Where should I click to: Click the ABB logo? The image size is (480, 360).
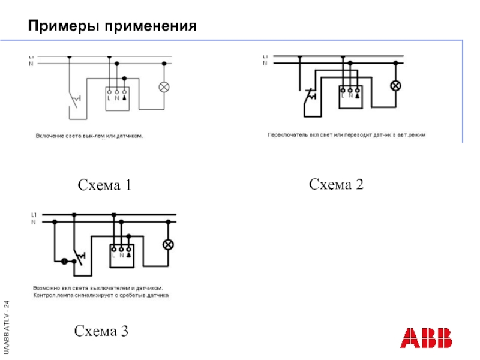[x=427, y=338]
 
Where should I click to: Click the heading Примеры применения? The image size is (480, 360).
[x=112, y=26]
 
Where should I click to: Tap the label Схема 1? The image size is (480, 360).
[x=104, y=185]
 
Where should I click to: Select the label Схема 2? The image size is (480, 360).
[x=336, y=184]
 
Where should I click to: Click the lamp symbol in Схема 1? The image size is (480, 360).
[x=164, y=87]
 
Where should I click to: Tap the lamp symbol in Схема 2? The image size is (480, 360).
[x=395, y=85]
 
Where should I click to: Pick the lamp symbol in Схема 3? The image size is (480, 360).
[x=169, y=245]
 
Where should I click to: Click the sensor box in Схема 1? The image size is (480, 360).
[x=117, y=95]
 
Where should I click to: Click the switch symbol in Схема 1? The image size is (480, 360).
[x=76, y=99]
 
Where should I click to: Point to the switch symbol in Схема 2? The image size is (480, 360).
[x=310, y=97]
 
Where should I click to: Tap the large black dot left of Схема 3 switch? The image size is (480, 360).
[x=64, y=262]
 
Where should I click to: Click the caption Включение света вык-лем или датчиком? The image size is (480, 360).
[x=89, y=136]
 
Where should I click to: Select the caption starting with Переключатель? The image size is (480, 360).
[x=346, y=135]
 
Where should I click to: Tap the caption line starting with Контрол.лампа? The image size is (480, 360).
[x=101, y=295]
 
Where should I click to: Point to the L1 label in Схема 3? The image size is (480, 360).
[x=34, y=214]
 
